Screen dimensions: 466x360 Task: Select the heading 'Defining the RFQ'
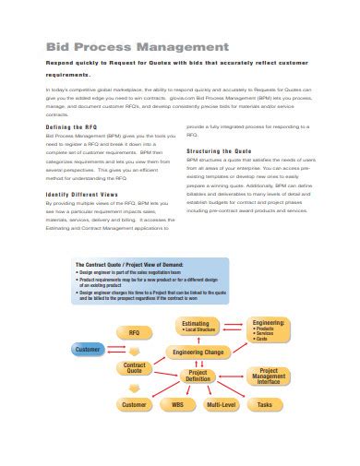(x=71, y=126)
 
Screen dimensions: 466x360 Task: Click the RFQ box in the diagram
(x=134, y=331)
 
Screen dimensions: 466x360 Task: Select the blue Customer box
(x=88, y=350)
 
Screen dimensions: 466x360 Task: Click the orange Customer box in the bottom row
(x=134, y=404)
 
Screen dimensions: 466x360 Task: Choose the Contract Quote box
(x=135, y=369)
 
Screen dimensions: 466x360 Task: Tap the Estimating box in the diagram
(x=200, y=325)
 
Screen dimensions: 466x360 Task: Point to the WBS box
(x=176, y=404)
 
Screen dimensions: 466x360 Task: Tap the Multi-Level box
(x=220, y=404)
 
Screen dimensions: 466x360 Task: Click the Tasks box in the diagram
(x=265, y=404)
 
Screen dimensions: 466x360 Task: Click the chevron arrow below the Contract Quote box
(x=135, y=388)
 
